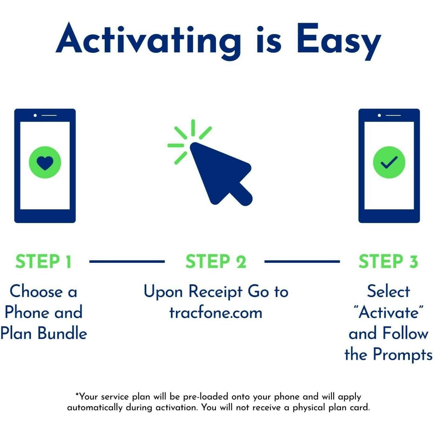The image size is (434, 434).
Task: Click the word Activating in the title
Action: point(148,41)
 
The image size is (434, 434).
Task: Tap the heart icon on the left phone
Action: point(45,162)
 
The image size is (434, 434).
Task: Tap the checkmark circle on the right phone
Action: point(389,162)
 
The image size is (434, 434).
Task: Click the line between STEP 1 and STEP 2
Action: point(127,262)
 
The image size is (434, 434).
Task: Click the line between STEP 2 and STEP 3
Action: point(302,262)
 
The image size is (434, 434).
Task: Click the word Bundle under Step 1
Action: point(62,334)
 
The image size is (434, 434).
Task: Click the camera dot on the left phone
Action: point(35,115)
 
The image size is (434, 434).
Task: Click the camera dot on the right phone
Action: point(379,115)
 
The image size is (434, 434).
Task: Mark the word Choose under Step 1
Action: point(36,292)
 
